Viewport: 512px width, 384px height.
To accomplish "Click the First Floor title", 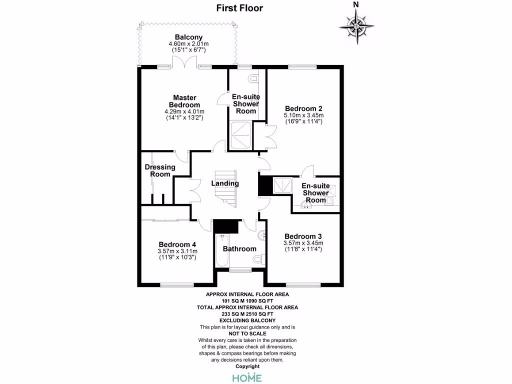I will click(x=239, y=8).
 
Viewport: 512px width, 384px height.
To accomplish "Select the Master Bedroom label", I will click(x=184, y=101).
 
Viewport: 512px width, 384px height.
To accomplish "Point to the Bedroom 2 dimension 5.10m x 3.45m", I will click(x=304, y=115).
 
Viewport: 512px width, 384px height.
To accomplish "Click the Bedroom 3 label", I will click(x=303, y=236).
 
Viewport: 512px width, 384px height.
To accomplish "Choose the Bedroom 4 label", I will click(x=177, y=244).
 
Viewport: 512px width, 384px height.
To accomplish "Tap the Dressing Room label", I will click(x=160, y=170).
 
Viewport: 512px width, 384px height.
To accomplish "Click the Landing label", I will click(x=224, y=183).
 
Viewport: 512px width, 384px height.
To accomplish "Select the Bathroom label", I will click(x=239, y=248).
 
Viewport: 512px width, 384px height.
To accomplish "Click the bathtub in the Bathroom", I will click(x=220, y=250).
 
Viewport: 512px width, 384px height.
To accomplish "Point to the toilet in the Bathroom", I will click(x=258, y=259).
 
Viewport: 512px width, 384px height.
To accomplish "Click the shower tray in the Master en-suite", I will click(x=240, y=132).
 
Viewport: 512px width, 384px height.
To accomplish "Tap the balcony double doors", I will click(x=184, y=63).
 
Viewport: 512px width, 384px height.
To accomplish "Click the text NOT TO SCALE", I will click(x=247, y=333).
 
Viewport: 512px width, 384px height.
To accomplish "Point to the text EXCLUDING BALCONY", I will click(x=247, y=320).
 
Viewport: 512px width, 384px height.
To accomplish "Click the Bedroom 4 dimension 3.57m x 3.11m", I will click(x=177, y=251).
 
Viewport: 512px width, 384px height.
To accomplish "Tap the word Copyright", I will click(x=247, y=366).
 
